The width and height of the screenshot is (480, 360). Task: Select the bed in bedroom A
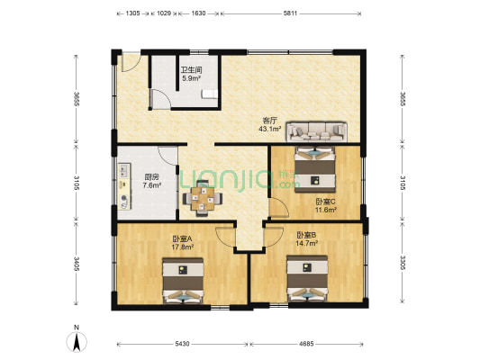tap(183, 280)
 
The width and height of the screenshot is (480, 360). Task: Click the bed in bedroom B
tap(307, 280)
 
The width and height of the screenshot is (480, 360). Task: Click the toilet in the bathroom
tap(208, 93)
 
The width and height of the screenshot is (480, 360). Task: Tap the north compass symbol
tap(77, 341)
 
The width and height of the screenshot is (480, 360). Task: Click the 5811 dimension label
tap(291, 14)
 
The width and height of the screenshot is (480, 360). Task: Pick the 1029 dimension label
tap(165, 14)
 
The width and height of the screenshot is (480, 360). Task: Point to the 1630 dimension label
tap(198, 14)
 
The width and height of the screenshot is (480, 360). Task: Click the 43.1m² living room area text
tap(270, 129)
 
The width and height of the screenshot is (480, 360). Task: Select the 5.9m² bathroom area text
tap(190, 78)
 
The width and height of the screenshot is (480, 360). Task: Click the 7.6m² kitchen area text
tap(152, 186)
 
